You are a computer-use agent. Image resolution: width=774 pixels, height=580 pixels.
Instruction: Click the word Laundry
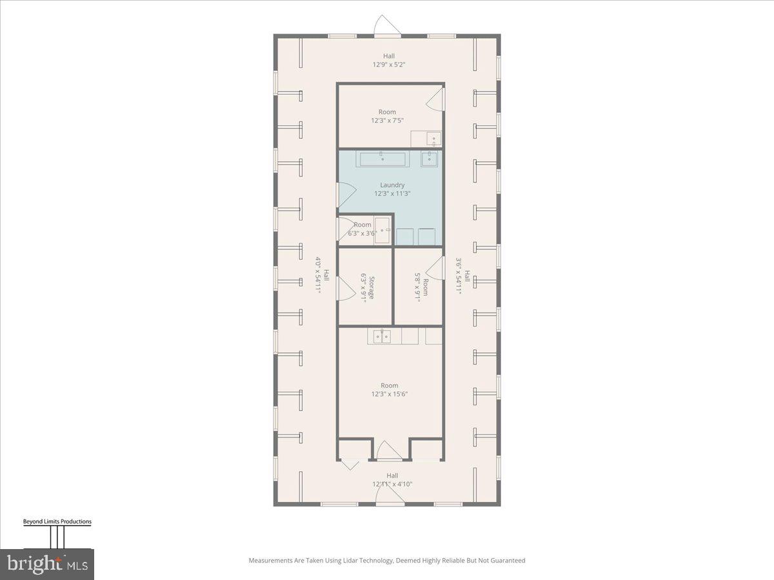(x=392, y=185)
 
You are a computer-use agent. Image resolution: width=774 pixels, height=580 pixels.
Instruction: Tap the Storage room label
(x=370, y=287)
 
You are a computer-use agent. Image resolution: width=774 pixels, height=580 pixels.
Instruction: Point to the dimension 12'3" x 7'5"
(x=387, y=121)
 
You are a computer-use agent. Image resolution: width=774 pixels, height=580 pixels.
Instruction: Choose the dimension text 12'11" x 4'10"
(x=392, y=484)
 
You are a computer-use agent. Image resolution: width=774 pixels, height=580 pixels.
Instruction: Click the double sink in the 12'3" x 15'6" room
(x=383, y=336)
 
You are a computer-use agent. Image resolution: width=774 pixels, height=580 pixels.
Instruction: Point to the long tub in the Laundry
(x=382, y=159)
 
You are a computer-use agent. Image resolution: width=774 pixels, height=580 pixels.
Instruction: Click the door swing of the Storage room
(x=347, y=287)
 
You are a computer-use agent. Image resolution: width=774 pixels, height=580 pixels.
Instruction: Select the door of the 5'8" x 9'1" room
(x=437, y=268)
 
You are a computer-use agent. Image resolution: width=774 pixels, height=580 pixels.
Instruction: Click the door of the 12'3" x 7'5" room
(x=437, y=99)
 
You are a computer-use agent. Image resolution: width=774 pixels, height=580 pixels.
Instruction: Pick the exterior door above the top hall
(x=388, y=26)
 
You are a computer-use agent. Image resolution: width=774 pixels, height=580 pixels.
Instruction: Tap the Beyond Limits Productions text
(x=57, y=522)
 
